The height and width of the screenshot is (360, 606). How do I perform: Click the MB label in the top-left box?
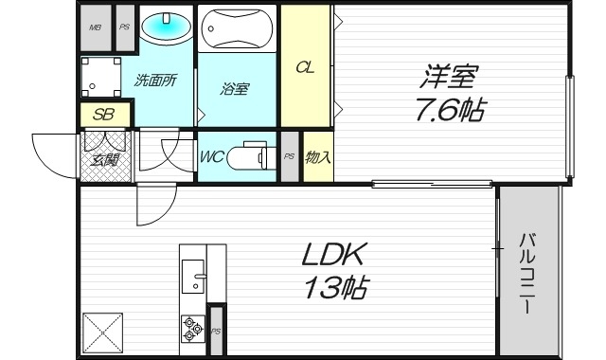point(95,27)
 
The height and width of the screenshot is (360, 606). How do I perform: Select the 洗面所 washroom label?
point(155,81)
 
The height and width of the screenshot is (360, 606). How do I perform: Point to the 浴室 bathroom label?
point(235,90)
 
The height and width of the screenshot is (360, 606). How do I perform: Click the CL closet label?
point(306,67)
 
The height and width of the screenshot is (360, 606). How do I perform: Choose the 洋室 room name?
point(450,74)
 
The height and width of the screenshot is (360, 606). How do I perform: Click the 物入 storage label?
point(318,156)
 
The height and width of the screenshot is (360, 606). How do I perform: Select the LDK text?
point(333,254)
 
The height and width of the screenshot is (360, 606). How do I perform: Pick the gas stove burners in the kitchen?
point(192,328)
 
